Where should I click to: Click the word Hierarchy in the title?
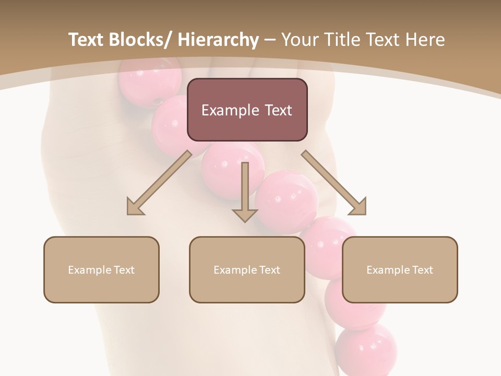tap(218, 40)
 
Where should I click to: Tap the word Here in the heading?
tap(425, 40)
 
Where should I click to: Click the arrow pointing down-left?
tap(160, 182)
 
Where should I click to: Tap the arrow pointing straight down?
tap(245, 191)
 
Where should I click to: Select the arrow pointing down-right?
tap(333, 182)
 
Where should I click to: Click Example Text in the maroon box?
tap(247, 110)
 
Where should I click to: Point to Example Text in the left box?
tap(101, 270)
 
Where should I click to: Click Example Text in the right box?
tap(400, 270)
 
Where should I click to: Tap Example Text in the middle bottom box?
tap(247, 270)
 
